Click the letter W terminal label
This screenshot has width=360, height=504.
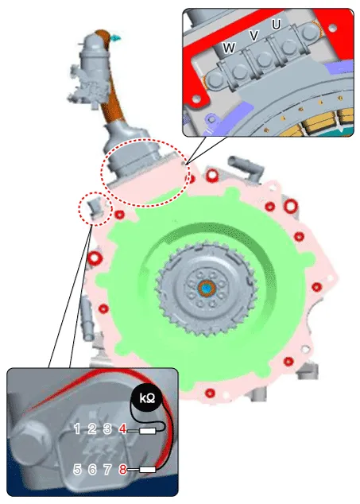[229, 48]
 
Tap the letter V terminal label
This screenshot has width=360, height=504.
[254, 36]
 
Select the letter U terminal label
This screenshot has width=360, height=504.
[277, 25]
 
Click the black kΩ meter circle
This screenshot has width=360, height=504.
[148, 398]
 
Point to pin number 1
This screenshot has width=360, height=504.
[77, 428]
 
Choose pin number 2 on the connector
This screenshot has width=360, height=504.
[92, 428]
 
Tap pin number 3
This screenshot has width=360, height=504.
[107, 428]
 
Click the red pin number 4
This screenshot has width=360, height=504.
[122, 428]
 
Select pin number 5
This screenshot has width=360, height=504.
[77, 470]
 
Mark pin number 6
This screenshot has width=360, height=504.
[92, 470]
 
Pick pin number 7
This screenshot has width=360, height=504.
[107, 470]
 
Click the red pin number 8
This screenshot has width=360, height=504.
[122, 470]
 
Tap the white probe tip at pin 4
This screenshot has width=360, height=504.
[148, 431]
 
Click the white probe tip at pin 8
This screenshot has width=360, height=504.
[148, 470]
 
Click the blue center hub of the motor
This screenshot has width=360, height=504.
[207, 289]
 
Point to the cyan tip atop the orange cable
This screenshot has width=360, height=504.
[115, 38]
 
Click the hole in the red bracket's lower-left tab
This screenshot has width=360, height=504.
[196, 98]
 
